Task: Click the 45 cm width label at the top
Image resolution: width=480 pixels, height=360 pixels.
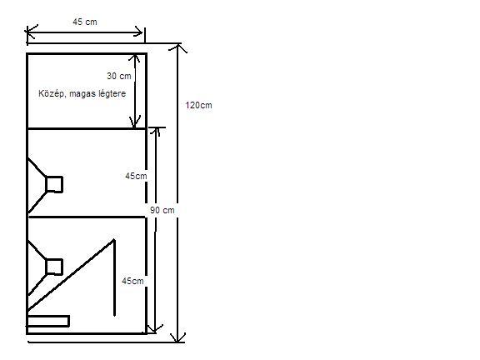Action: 85,22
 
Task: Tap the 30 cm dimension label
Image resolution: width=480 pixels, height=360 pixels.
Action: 119,76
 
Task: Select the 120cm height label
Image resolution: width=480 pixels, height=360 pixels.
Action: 198,105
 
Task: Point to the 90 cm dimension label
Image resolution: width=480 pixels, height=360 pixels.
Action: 162,210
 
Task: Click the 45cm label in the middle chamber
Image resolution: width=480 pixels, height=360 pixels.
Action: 136,176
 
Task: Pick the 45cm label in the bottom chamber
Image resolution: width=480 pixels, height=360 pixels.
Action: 132,281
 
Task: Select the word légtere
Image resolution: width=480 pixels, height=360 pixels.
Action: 112,93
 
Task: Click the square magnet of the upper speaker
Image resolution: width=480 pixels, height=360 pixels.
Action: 54,184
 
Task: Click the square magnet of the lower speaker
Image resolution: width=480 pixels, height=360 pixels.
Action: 54,267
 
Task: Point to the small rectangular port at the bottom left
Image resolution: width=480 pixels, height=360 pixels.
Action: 48,321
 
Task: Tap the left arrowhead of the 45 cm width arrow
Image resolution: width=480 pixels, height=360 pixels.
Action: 31,32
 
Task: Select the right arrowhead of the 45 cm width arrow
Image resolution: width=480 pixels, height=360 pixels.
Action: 137,32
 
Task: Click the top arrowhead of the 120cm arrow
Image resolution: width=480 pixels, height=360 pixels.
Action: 178,47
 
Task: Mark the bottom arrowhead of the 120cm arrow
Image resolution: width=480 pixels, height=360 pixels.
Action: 177,337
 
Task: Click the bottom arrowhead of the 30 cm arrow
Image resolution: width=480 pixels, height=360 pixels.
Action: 134,122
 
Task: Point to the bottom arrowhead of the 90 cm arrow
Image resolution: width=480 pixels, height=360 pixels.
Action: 155,329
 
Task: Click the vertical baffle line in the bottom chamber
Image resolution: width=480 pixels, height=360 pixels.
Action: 114,277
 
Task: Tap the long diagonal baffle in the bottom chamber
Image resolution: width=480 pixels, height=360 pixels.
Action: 71,276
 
